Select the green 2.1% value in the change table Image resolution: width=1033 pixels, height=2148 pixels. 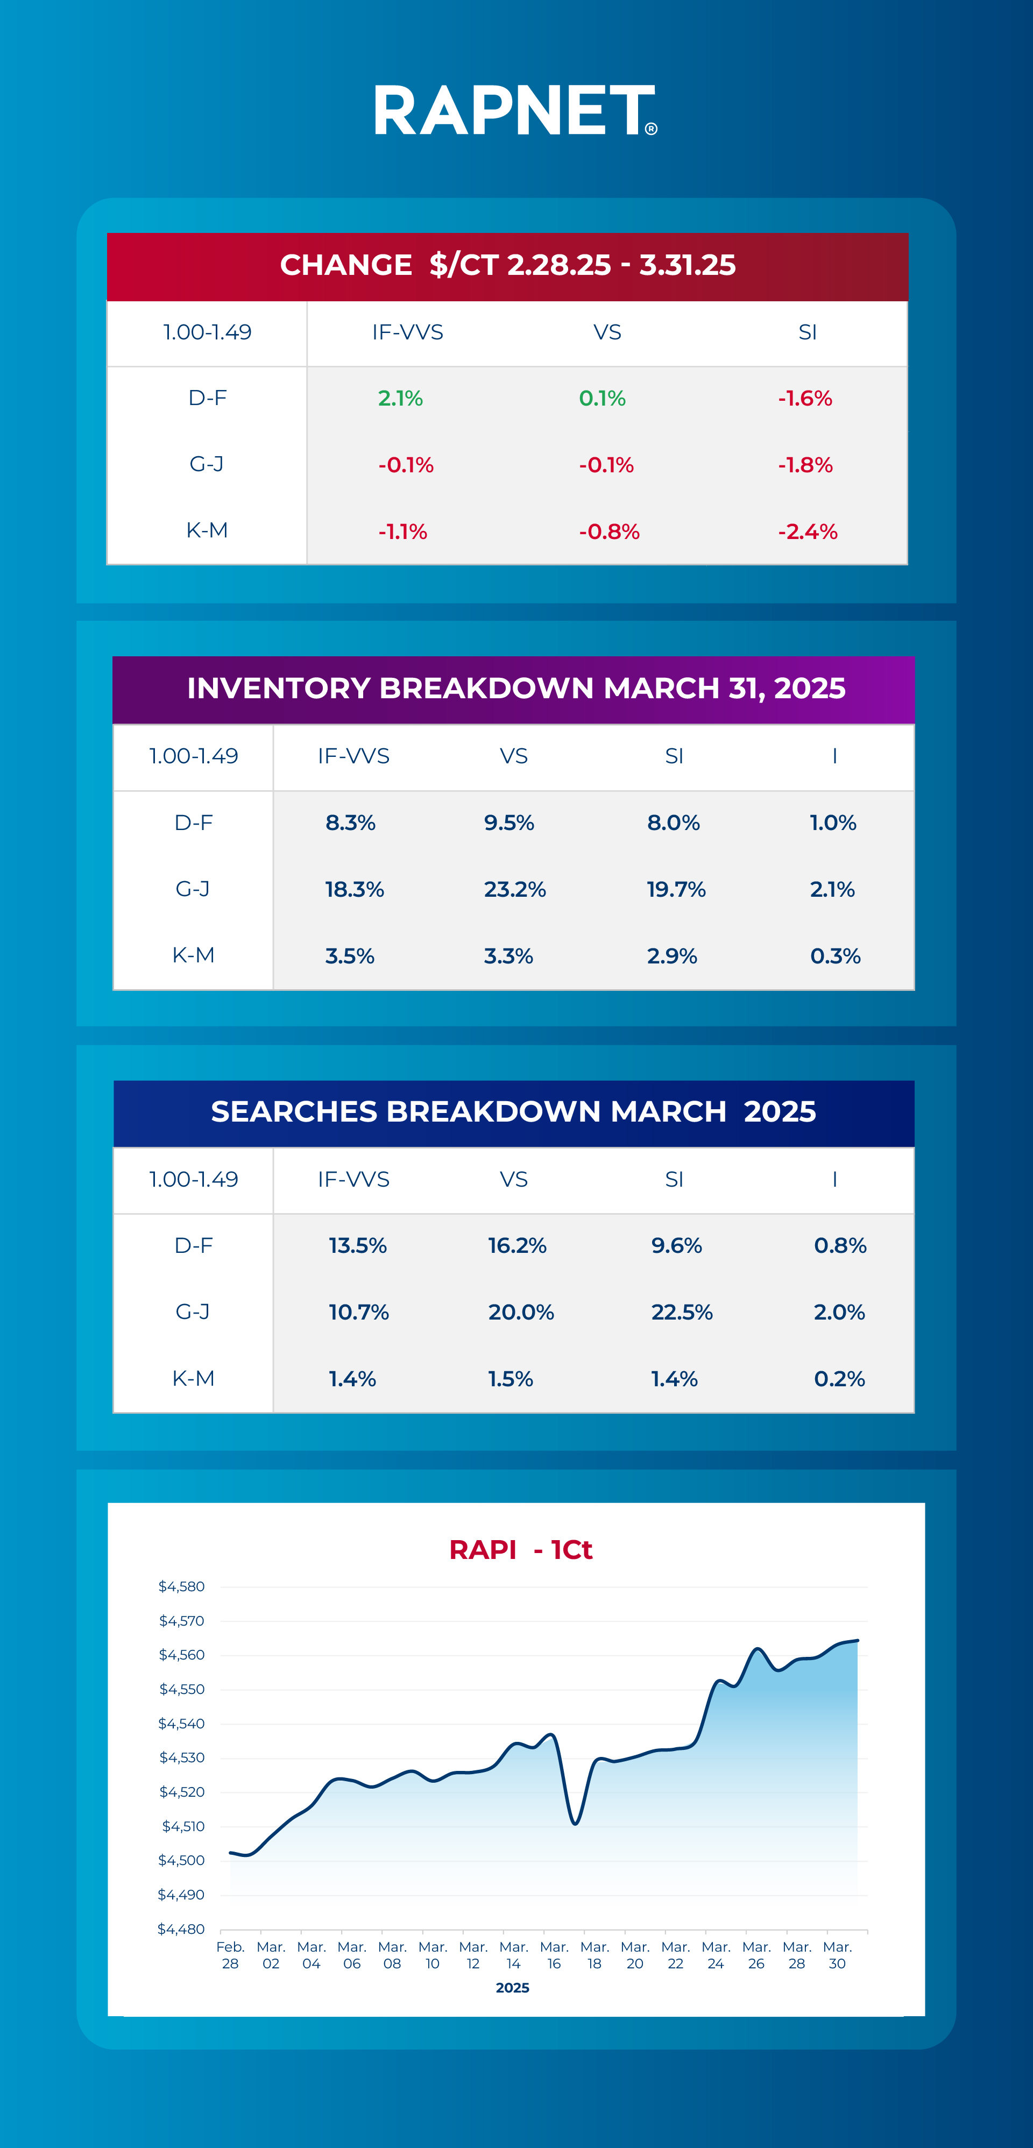[x=400, y=399]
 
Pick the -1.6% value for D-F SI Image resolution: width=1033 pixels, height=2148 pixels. [x=804, y=399]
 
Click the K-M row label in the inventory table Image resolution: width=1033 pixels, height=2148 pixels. [x=194, y=955]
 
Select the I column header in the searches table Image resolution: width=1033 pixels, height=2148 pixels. [x=834, y=1179]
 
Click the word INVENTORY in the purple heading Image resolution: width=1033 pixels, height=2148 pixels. [x=279, y=688]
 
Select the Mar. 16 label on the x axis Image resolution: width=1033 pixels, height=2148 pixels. [x=554, y=1954]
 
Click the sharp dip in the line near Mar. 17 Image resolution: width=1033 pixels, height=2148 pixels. [x=575, y=1824]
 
